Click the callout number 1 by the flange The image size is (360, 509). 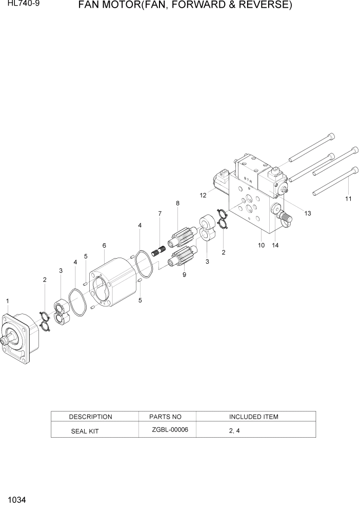[x=7, y=301]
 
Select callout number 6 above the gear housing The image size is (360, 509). [x=104, y=246]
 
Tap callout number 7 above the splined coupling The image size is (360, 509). [x=160, y=213]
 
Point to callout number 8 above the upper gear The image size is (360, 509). [x=177, y=204]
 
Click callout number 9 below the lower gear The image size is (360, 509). [x=184, y=275]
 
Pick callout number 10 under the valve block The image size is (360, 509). [x=261, y=245]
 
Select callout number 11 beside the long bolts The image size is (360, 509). [x=348, y=199]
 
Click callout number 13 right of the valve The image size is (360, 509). [x=308, y=213]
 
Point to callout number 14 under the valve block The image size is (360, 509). [x=275, y=245]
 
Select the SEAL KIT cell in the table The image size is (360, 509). [x=85, y=432]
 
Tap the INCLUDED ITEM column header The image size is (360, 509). [x=253, y=417]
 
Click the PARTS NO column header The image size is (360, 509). [x=165, y=417]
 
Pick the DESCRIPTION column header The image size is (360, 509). [x=90, y=417]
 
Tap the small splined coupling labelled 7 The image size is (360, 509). [x=158, y=251]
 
